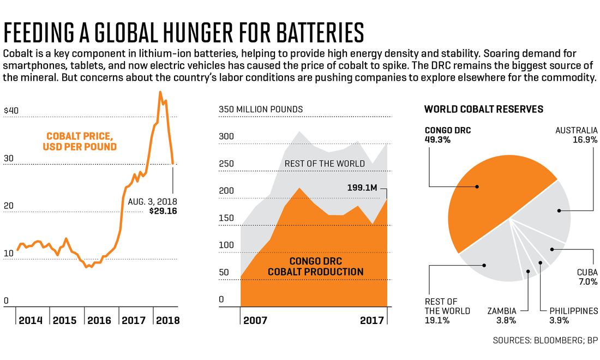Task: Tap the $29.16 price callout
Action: click(163, 211)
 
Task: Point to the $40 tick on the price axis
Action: click(11, 110)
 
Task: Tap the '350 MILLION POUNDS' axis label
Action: click(261, 110)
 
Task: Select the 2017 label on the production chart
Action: click(372, 320)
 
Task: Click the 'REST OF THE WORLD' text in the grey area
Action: click(325, 164)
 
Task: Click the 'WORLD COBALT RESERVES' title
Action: click(483, 109)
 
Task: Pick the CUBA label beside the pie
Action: click(586, 272)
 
